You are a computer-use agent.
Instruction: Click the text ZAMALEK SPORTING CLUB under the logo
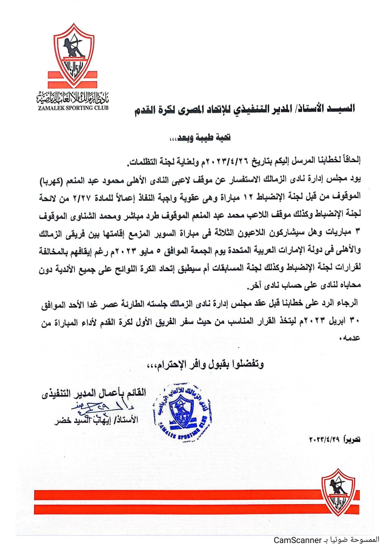tap(73, 107)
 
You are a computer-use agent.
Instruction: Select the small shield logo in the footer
tap(339, 492)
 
